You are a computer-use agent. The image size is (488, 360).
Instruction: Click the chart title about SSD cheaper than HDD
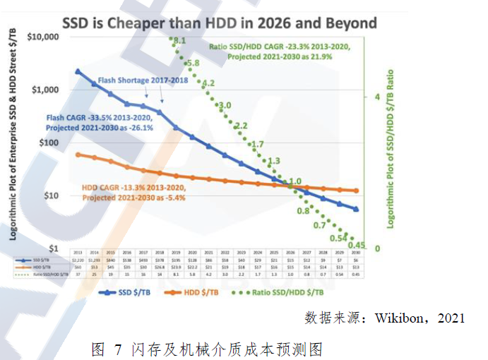pyautogui.click(x=220, y=23)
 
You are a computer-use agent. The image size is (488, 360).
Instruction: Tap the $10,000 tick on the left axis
pyautogui.click(x=46, y=37)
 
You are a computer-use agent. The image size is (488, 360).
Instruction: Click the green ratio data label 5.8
pyautogui.click(x=193, y=64)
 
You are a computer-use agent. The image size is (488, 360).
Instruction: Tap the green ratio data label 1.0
pyautogui.click(x=295, y=181)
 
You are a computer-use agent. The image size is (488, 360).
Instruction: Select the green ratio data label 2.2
pyautogui.click(x=241, y=126)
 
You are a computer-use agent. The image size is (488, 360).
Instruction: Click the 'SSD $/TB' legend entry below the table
pyautogui.click(x=126, y=292)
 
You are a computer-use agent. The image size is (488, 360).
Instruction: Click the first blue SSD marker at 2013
pyautogui.click(x=78, y=72)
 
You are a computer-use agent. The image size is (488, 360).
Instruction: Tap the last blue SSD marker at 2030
pyautogui.click(x=356, y=209)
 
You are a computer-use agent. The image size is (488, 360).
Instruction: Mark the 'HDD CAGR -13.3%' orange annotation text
pyautogui.click(x=133, y=188)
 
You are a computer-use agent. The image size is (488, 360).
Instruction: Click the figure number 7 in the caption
pyautogui.click(x=118, y=348)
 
